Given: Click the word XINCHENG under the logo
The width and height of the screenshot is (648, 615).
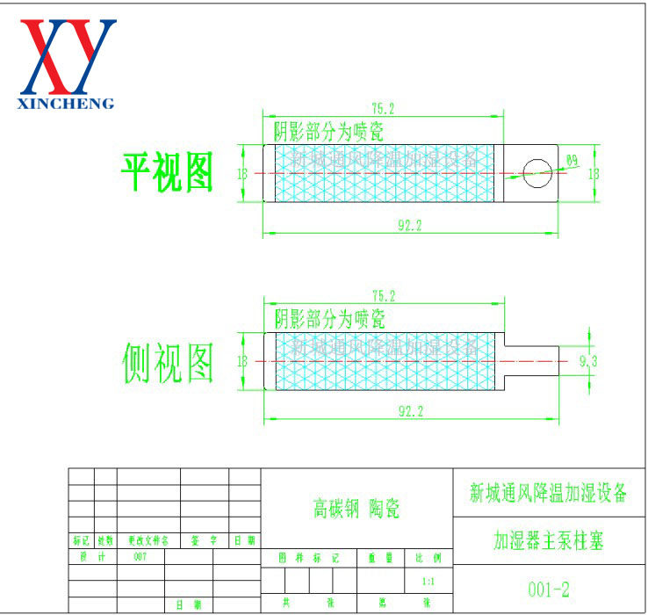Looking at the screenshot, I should pyautogui.click(x=67, y=104).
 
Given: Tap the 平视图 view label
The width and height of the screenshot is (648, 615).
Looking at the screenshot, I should pyautogui.click(x=167, y=173).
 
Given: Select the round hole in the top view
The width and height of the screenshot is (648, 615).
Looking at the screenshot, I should pyautogui.click(x=535, y=172).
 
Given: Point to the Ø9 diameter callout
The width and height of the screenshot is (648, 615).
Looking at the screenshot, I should pyautogui.click(x=572, y=161).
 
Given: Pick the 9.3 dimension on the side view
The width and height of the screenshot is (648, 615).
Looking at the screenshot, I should pyautogui.click(x=588, y=361).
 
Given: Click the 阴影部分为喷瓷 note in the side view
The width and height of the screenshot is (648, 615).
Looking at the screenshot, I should pyautogui.click(x=328, y=318).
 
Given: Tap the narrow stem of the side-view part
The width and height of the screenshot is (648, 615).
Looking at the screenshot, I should pyautogui.click(x=530, y=360).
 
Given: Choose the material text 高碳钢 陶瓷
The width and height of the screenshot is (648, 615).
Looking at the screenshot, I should pyautogui.click(x=356, y=508).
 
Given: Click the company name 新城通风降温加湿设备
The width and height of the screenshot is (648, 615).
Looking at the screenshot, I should pyautogui.click(x=549, y=493).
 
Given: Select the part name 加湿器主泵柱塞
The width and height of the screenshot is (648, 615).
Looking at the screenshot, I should pyautogui.click(x=549, y=539).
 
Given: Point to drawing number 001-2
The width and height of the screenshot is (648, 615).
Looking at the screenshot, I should pyautogui.click(x=549, y=588).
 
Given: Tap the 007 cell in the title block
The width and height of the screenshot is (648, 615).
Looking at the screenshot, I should pyautogui.click(x=140, y=557).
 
